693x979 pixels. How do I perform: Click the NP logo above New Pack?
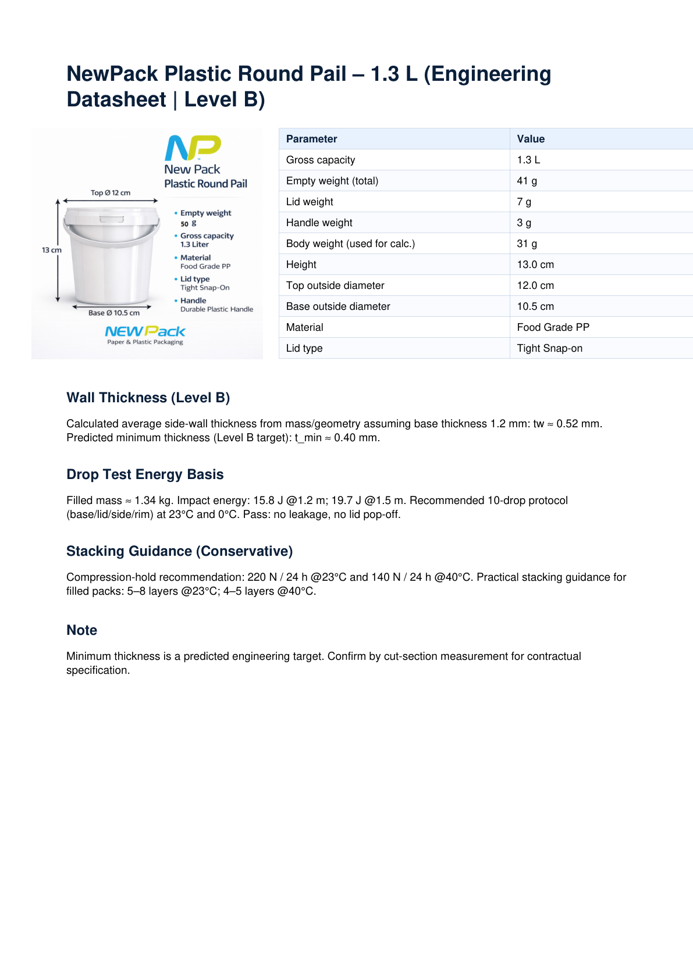[193, 148]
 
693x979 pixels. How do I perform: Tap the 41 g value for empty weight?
[527, 181]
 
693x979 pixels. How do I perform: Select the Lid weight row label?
[310, 202]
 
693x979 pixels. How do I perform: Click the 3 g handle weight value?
[524, 223]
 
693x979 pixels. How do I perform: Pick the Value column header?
[531, 139]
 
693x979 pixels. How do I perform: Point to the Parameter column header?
[311, 139]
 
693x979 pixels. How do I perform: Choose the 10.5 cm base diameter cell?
[535, 306]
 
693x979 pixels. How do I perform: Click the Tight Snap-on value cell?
[549, 348]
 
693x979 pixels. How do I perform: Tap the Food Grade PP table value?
[553, 327]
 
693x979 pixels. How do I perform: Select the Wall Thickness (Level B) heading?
[148, 398]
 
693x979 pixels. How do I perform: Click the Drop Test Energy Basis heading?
[145, 474]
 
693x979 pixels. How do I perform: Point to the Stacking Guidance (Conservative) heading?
[179, 551]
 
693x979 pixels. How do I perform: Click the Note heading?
[81, 630]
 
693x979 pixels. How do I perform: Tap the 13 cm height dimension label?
[51, 250]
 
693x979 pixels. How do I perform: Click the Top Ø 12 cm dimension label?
[111, 193]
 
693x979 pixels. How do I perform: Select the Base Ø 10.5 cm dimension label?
[114, 313]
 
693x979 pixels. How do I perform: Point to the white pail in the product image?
[111, 256]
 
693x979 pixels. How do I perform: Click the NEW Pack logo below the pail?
[145, 332]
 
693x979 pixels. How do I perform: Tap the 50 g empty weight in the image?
[188, 224]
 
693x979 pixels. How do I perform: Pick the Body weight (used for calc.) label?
[350, 244]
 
